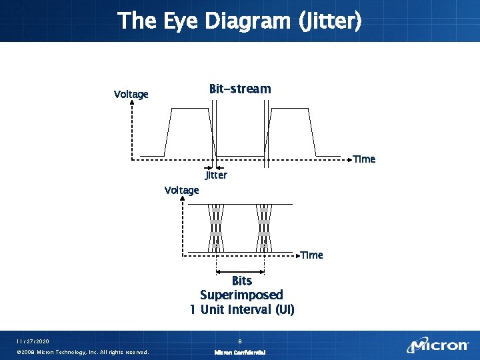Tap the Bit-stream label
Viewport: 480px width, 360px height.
pos(240,89)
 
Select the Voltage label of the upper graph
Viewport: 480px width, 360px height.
pos(131,94)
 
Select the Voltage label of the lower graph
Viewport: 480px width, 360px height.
pos(181,190)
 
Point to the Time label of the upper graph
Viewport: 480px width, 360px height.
pos(364,159)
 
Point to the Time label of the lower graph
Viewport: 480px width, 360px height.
pos(311,255)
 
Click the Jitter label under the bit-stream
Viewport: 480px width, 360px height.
pos(216,175)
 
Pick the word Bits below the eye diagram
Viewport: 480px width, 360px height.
pos(241,281)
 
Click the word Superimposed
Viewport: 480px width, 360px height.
pos(241,295)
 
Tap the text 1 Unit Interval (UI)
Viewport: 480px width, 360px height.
pos(241,309)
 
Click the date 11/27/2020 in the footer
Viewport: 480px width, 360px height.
pos(33,341)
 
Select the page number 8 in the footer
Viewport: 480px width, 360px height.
pos(239,341)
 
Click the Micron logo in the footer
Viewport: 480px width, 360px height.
pos(439,345)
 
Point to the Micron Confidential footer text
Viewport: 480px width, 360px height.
pos(239,352)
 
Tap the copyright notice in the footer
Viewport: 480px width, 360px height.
pos(82,352)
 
